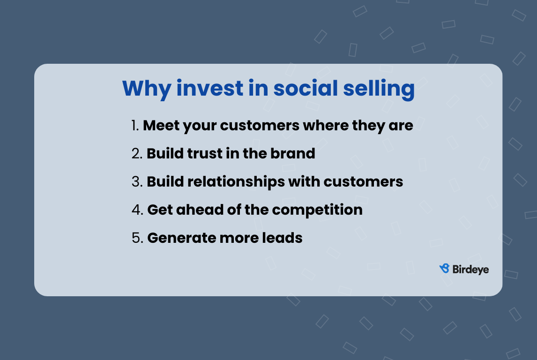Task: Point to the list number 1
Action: click(135, 126)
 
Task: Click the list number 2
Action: click(137, 154)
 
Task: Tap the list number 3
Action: click(137, 182)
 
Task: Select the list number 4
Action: click(137, 210)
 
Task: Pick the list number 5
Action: click(137, 238)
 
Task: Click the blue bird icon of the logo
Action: click(444, 269)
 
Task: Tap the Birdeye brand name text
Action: click(470, 269)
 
